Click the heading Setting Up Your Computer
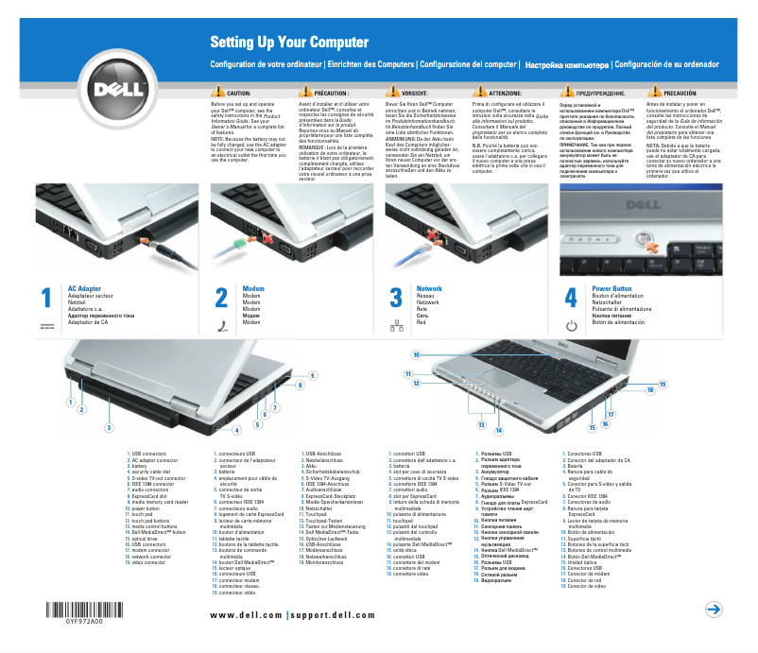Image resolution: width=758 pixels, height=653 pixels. [288, 43]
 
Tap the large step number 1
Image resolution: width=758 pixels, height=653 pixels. [44, 298]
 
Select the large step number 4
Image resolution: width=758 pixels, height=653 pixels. [570, 298]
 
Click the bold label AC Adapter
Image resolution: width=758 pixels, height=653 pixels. [84, 287]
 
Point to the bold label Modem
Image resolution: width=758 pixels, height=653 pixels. [253, 287]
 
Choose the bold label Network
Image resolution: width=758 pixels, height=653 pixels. [429, 287]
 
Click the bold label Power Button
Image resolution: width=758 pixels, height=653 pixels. [612, 287]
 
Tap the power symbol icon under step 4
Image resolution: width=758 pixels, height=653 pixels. [571, 326]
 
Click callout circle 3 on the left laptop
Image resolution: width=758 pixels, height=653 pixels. [109, 428]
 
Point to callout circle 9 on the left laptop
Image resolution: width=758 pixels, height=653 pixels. [312, 376]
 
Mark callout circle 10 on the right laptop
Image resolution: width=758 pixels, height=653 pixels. [416, 354]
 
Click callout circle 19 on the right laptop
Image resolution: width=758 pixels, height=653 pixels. [663, 384]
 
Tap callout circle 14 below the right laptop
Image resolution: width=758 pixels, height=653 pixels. [498, 430]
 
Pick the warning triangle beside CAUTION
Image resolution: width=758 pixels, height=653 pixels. [219, 94]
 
